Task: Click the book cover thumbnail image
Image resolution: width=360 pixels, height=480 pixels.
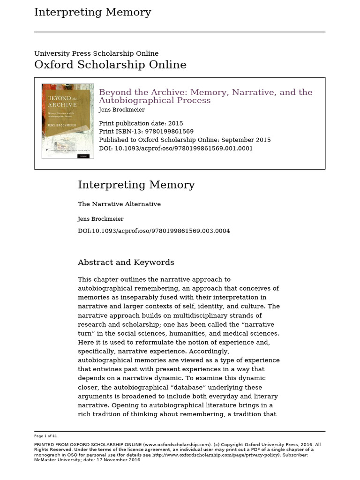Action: [67, 121]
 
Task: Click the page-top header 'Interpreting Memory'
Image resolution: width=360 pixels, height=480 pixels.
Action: [92, 13]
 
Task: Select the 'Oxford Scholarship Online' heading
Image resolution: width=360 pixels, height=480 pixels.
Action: [110, 65]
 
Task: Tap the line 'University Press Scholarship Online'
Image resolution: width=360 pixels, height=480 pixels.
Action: [96, 53]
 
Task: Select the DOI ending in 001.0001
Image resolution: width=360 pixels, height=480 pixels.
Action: [176, 148]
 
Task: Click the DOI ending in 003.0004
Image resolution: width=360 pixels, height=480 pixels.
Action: [154, 231]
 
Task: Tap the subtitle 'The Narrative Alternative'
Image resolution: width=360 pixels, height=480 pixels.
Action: [119, 204]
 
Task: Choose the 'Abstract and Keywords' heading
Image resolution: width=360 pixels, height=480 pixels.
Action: [126, 262]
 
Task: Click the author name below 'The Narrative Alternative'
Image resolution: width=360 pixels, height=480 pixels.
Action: [100, 219]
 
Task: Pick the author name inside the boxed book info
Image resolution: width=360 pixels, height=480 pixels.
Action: [121, 110]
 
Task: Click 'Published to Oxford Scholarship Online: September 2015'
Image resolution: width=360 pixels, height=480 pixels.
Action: [185, 140]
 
